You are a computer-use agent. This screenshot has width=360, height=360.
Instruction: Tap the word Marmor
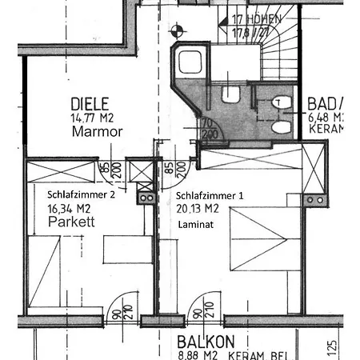click(x=96, y=132)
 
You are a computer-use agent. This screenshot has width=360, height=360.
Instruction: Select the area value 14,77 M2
click(x=90, y=118)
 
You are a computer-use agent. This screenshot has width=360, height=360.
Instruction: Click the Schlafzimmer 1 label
click(x=209, y=195)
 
